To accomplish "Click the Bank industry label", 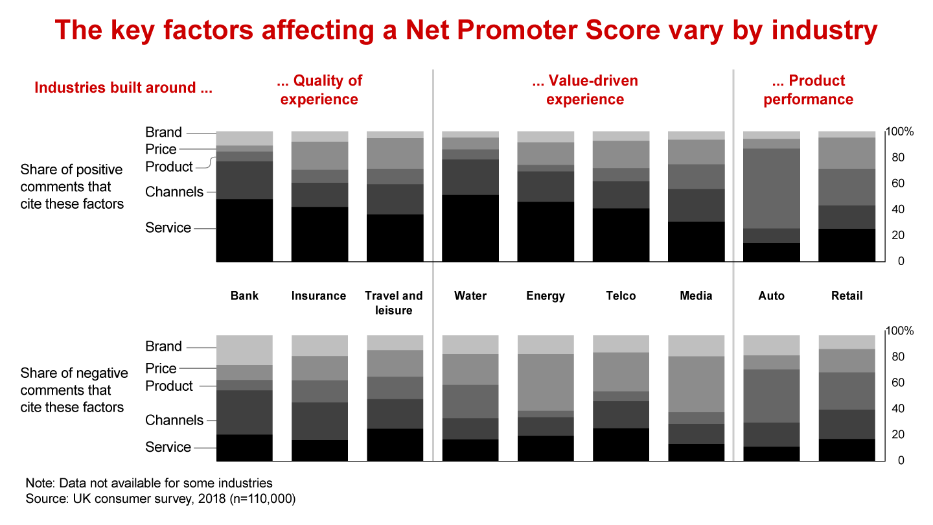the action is tap(244, 296).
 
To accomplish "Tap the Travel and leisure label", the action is tap(394, 303).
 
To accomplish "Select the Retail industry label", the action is tap(847, 296).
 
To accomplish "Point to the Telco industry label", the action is tap(621, 296).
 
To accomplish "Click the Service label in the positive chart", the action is tap(168, 228).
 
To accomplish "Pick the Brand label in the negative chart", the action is tap(163, 346).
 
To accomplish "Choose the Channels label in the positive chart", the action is tap(174, 192).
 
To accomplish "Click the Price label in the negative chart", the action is tap(161, 368).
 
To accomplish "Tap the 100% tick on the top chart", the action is tap(900, 132).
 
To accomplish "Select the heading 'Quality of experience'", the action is tap(319, 90).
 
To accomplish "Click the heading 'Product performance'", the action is tap(809, 90).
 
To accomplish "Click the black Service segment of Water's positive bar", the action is tap(470, 228).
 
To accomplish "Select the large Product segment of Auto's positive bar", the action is tap(772, 189).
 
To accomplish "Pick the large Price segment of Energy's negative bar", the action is tap(546, 382).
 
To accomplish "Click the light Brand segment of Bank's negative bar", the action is tap(244, 350).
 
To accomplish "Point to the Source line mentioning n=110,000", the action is tap(161, 499).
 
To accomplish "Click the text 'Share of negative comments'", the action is tap(74, 382).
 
